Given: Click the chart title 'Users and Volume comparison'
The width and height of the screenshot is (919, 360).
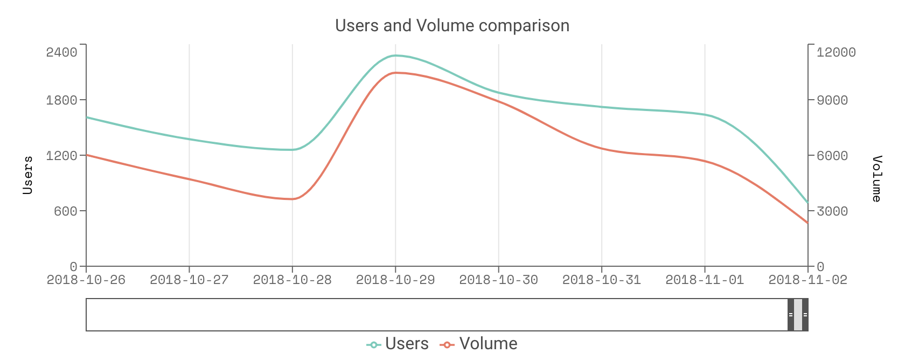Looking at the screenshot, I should (452, 25).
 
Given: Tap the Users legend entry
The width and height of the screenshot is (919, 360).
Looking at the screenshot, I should (398, 344).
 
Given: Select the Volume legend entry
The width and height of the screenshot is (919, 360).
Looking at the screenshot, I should (479, 344).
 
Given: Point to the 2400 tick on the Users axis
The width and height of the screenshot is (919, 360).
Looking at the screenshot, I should (61, 52).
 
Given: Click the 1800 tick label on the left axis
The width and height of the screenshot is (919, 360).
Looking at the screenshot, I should (61, 100).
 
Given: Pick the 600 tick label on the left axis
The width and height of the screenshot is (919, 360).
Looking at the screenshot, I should (66, 211).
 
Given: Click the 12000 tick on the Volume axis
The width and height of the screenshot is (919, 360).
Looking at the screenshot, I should (836, 52).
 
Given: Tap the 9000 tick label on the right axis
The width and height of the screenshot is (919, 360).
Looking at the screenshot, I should (832, 100).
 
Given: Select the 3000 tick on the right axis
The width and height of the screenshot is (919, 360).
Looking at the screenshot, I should (832, 211).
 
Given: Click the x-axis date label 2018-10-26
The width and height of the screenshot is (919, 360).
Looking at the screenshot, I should (86, 280).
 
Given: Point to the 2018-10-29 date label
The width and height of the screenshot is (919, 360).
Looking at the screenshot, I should (395, 280).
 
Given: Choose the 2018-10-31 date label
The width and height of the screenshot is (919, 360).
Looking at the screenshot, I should (602, 280).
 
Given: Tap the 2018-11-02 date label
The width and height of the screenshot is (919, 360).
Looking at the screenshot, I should (807, 280).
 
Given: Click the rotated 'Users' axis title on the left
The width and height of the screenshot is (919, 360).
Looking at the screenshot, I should (28, 175).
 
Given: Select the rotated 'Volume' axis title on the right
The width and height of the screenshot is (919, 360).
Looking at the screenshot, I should (877, 178).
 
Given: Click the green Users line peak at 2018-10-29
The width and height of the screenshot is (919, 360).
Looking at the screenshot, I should (395, 56).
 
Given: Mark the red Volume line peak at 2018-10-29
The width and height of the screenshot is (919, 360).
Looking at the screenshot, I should (395, 73).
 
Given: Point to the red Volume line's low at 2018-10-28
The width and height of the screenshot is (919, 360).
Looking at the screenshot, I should (293, 199).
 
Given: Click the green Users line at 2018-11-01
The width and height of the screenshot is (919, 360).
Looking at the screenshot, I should (705, 114).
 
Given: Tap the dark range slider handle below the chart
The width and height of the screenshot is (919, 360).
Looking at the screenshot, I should (798, 315).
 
